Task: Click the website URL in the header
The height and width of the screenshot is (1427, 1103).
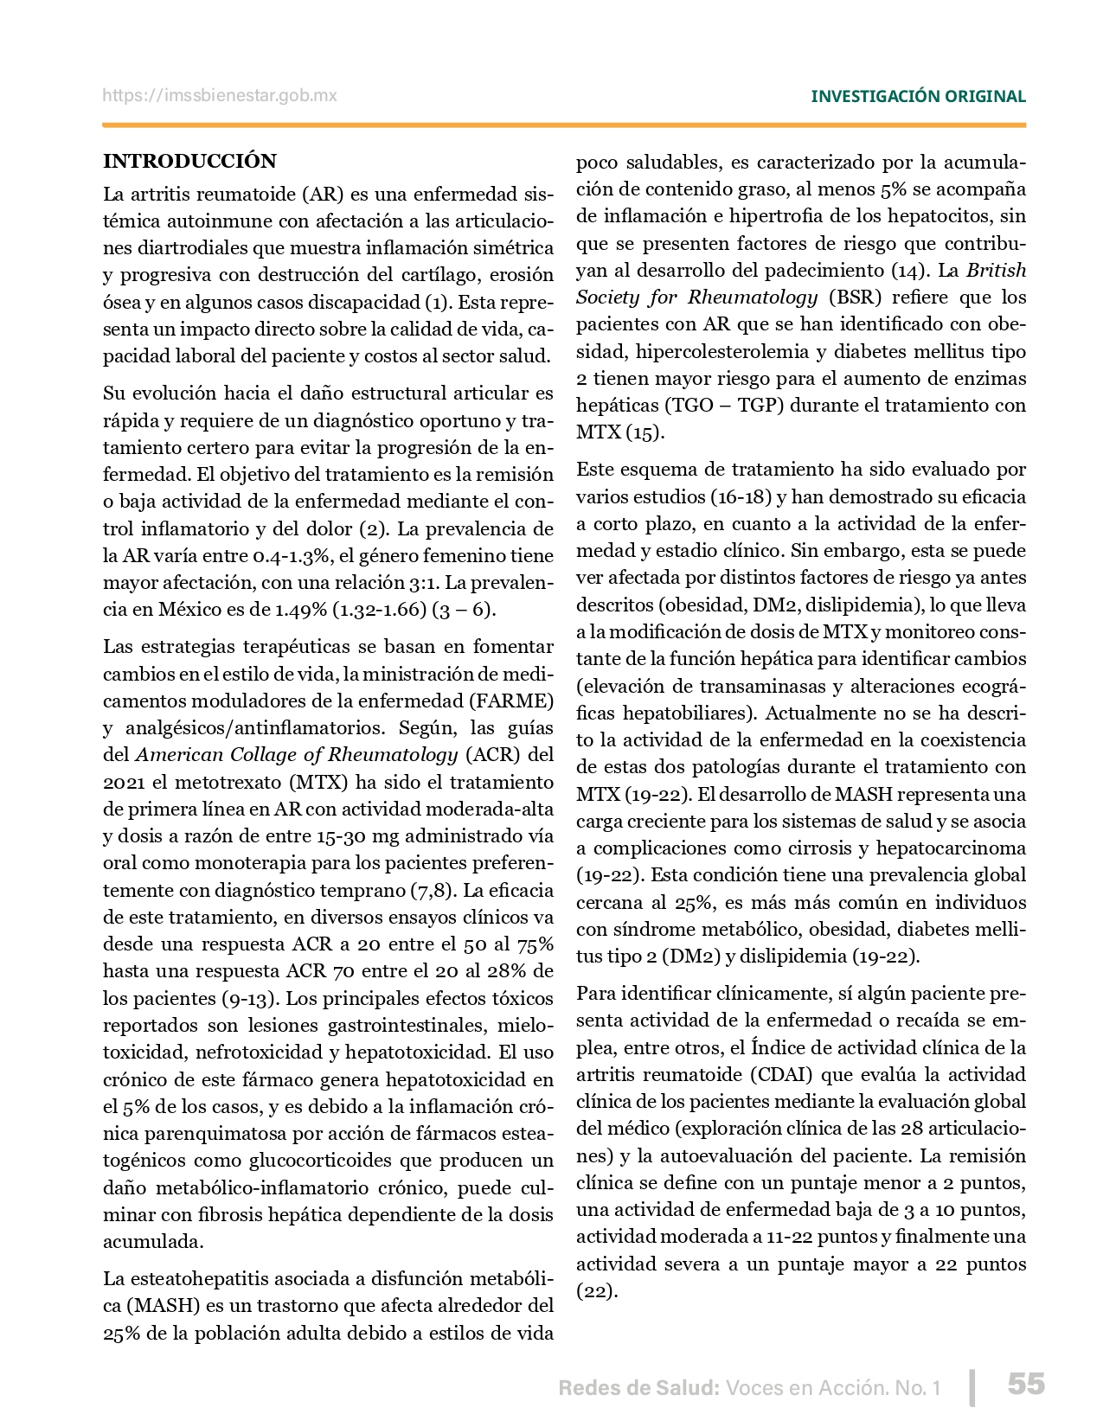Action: point(220,96)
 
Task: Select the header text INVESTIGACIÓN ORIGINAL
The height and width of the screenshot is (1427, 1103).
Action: point(918,97)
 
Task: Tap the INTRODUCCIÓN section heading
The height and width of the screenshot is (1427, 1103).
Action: point(189,161)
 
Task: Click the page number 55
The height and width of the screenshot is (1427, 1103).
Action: point(1026,1384)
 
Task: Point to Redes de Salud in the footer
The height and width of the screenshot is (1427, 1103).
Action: point(638,1388)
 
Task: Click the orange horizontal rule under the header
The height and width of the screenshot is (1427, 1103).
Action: point(564,126)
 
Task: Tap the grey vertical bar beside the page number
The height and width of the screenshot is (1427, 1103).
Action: point(973,1387)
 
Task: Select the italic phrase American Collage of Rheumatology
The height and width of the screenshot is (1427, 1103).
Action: point(297,755)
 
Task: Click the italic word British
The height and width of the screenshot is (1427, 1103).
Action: point(996,271)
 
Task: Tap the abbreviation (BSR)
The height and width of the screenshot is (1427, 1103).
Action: point(855,298)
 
